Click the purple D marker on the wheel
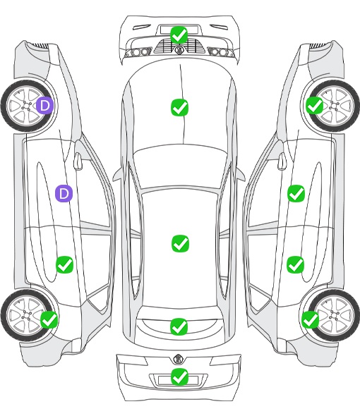click(x=44, y=105)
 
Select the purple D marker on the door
click(x=64, y=194)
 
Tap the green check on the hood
click(x=179, y=107)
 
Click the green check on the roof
click(x=181, y=243)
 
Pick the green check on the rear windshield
click(x=179, y=326)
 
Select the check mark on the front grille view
click(x=179, y=35)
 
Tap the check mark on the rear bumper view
click(x=179, y=377)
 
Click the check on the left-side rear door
click(x=64, y=264)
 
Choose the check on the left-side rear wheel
click(x=49, y=319)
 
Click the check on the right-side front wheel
click(x=315, y=105)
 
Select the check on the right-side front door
click(x=296, y=193)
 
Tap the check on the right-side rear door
click(x=296, y=264)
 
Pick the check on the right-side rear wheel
click(x=311, y=319)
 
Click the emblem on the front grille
click(x=179, y=49)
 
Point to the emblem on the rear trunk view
click(x=177, y=359)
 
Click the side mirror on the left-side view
click(x=78, y=161)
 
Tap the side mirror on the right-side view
click(x=282, y=161)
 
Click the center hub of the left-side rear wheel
click(x=27, y=315)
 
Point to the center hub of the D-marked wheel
click(x=27, y=106)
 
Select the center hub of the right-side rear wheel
click(x=334, y=315)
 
